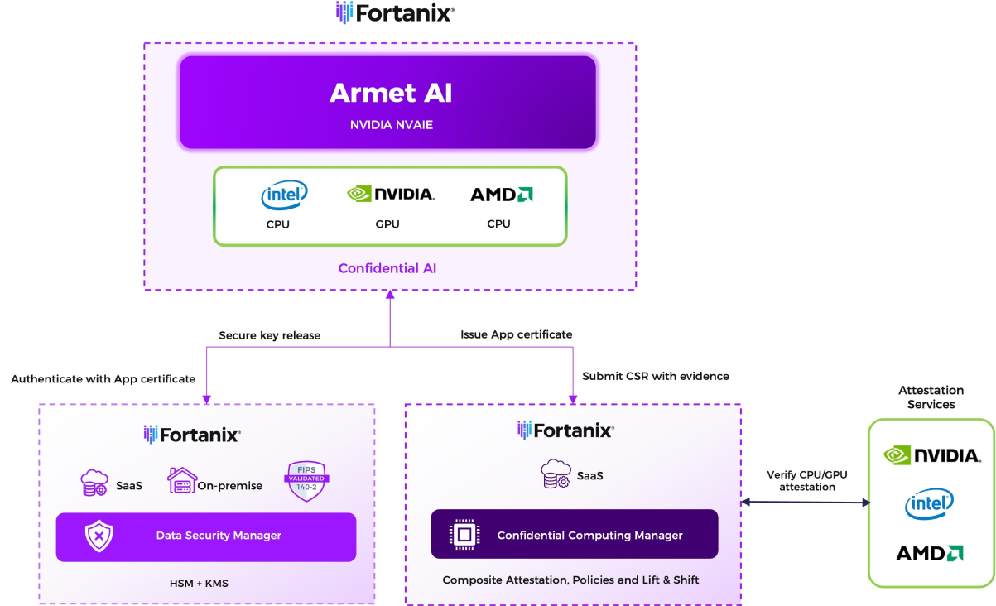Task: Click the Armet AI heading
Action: pyautogui.click(x=391, y=94)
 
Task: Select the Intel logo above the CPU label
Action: pyautogui.click(x=284, y=195)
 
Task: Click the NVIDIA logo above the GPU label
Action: pyautogui.click(x=390, y=194)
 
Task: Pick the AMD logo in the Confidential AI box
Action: pyautogui.click(x=501, y=195)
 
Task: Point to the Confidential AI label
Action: pyautogui.click(x=387, y=268)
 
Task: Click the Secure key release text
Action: pyautogui.click(x=269, y=335)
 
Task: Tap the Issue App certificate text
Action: pyautogui.click(x=517, y=334)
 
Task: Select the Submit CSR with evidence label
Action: pyautogui.click(x=656, y=376)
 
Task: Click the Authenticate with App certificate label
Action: pyautogui.click(x=103, y=379)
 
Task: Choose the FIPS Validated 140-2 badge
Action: pyautogui.click(x=306, y=480)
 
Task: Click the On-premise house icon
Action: pyautogui.click(x=181, y=480)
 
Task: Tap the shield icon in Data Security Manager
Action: pyautogui.click(x=99, y=536)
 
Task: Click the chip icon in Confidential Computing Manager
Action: pyautogui.click(x=464, y=535)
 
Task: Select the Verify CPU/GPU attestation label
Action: pyautogui.click(x=806, y=481)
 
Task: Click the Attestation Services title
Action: pyautogui.click(x=931, y=397)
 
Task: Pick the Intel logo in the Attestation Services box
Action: pyautogui.click(x=929, y=503)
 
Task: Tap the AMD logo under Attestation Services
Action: pyautogui.click(x=929, y=553)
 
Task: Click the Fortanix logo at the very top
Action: pyautogui.click(x=395, y=13)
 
